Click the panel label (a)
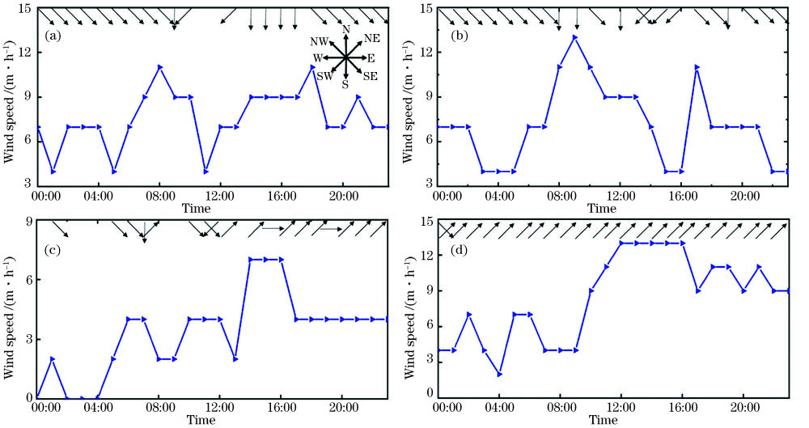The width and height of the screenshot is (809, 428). (53, 36)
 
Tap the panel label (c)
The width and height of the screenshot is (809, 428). (52, 246)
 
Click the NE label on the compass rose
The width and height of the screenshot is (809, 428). (371, 38)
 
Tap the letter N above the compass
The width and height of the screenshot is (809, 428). (345, 29)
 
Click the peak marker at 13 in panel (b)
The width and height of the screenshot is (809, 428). (575, 37)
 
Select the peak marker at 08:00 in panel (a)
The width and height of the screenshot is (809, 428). (160, 67)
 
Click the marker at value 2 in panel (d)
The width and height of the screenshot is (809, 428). (499, 374)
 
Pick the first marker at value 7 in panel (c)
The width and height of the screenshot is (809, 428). (252, 260)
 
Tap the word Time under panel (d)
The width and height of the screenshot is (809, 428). (602, 421)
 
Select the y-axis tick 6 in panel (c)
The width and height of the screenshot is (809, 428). (25, 280)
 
